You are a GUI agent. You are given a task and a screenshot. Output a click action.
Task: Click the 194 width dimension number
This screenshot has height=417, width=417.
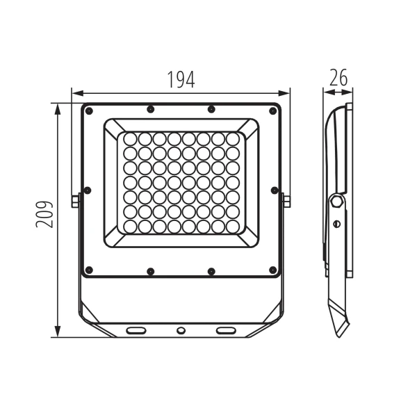pos(181,79)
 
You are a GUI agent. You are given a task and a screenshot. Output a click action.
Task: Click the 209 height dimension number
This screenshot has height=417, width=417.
pos(44,214)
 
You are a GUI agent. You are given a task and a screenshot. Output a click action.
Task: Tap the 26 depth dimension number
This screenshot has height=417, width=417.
pos(338,77)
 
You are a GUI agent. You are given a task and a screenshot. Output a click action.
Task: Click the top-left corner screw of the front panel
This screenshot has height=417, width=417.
pos(89,111)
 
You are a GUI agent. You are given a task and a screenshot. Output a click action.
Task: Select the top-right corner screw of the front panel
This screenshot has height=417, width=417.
pos(273,111)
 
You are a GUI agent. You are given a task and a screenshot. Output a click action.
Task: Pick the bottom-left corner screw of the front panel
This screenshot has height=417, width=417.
pos(89,270)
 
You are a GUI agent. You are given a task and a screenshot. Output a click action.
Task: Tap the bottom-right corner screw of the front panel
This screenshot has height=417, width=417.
pos(273,270)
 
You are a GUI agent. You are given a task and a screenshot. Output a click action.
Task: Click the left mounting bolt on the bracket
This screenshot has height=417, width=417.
pos(75,201)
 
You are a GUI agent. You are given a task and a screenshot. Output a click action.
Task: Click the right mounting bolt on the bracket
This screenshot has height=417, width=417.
pos(286,201)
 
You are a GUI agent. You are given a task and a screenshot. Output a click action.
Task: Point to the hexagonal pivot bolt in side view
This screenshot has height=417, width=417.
pos(336,202)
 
